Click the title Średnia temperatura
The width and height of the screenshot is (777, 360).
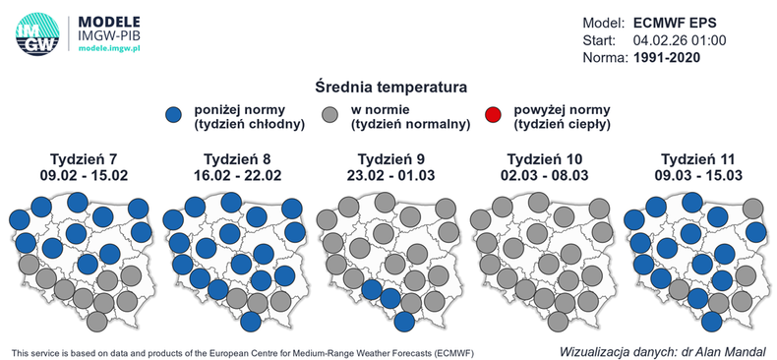(388, 88)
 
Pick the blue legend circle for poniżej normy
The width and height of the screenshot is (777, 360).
(174, 116)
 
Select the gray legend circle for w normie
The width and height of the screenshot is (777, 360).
(332, 116)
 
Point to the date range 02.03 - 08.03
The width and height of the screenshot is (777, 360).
(539, 175)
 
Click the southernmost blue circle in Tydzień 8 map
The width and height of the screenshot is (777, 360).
(250, 321)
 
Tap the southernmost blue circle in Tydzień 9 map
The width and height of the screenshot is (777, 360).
(404, 321)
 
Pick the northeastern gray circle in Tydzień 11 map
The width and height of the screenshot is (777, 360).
(754, 209)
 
